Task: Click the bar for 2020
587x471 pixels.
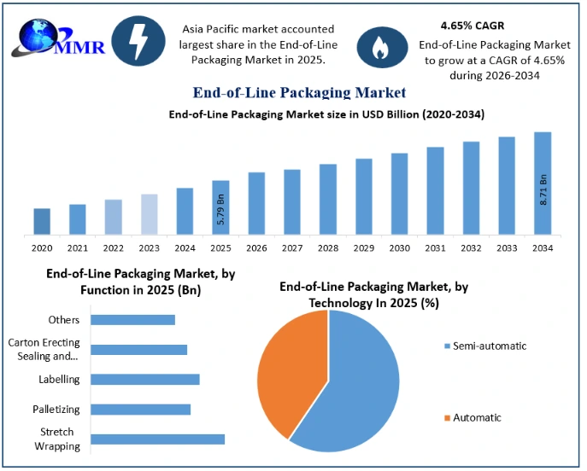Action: click(42, 222)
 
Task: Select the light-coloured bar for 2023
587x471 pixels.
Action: click(150, 214)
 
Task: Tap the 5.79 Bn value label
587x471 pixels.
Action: click(221, 209)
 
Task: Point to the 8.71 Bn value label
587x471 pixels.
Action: click(543, 189)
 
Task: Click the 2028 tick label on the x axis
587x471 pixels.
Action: click(328, 248)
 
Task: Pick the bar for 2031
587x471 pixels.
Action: click(436, 191)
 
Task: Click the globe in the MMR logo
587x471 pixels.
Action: click(38, 35)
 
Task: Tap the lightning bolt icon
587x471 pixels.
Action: click(138, 41)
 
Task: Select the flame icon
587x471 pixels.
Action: click(382, 48)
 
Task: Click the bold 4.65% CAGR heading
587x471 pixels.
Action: click(473, 26)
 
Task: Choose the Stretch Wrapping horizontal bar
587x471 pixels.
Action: click(157, 439)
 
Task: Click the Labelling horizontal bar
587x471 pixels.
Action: click(145, 380)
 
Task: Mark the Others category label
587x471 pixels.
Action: click(64, 320)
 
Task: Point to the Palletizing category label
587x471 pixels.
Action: click(56, 410)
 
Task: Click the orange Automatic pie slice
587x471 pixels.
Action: click(291, 370)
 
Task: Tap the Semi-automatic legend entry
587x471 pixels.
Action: click(485, 346)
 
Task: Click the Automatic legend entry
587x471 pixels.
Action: click(473, 417)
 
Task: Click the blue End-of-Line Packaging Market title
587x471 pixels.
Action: click(300, 92)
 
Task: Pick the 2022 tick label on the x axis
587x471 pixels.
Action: click(114, 248)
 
